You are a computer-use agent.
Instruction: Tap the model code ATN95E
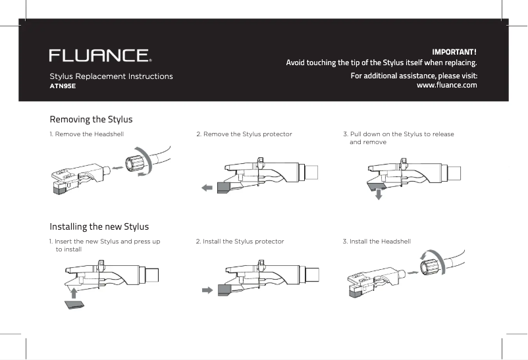point(63,86)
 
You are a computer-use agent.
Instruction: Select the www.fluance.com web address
point(447,86)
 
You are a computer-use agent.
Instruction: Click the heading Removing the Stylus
point(92,119)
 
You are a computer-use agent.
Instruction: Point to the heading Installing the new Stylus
point(99,227)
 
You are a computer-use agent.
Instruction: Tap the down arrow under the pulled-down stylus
point(379,196)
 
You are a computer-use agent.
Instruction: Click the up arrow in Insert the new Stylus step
point(74,292)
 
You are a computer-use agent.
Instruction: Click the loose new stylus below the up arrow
point(74,304)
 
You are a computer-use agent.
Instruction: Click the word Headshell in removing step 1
point(109,134)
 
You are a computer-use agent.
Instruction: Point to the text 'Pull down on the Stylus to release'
point(402,134)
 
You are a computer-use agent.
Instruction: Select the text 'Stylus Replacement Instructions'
point(111,76)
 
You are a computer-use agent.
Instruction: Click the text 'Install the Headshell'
point(380,242)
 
